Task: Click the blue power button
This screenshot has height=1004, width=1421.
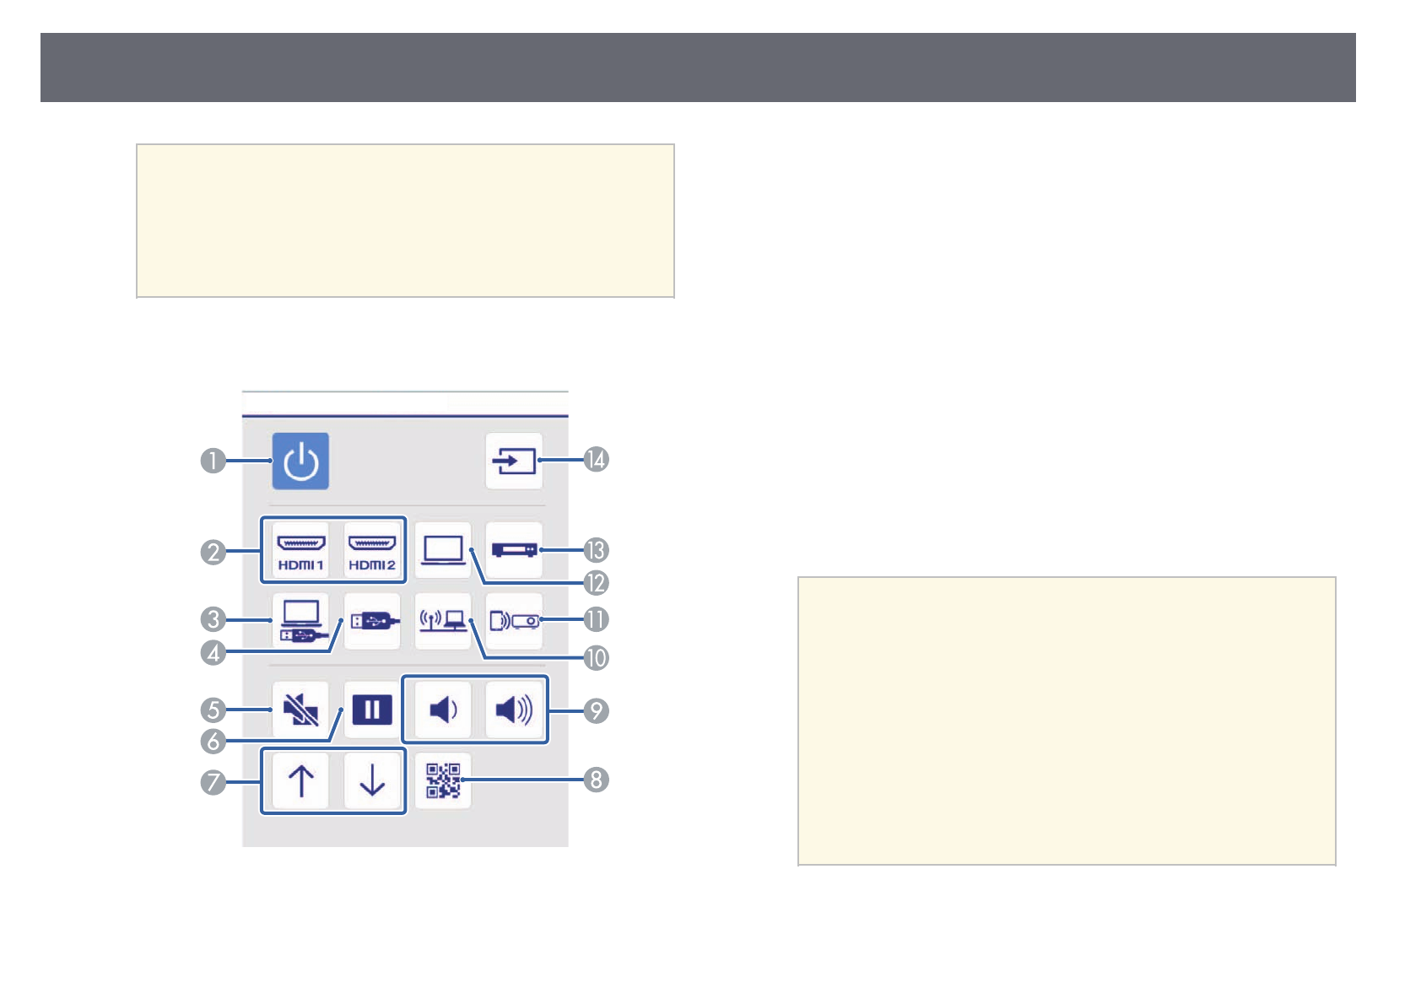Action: pos(300,462)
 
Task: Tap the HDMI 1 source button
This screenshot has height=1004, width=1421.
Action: pos(300,550)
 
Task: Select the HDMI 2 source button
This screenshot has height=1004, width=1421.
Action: pos(372,550)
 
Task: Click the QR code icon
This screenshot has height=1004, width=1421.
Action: pos(443,780)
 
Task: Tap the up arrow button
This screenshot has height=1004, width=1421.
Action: pos(300,780)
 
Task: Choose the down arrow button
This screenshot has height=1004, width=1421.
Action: pos(372,780)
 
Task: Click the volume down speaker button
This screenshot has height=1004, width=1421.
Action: pos(443,710)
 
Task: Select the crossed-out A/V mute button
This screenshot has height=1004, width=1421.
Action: pos(300,710)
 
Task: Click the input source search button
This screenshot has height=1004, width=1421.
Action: pos(514,462)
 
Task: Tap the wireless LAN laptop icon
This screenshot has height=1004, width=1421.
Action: pos(443,621)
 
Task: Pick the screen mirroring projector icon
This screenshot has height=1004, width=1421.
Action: pos(514,621)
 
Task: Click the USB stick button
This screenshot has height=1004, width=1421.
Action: pos(372,621)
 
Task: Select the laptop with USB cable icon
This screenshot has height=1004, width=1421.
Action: pos(300,621)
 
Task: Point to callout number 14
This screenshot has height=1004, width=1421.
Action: pos(597,460)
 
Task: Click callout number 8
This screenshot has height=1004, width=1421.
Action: pos(597,780)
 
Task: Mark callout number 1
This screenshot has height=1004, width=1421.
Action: pos(213,462)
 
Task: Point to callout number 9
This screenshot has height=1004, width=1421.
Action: pos(597,711)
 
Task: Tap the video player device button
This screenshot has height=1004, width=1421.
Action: pos(514,550)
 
